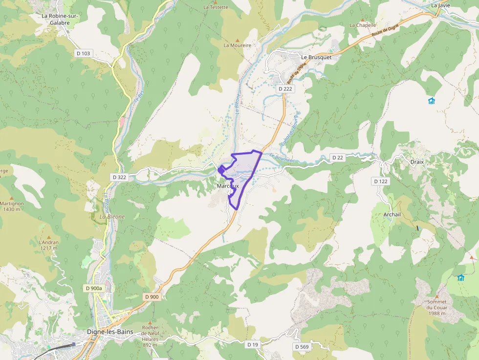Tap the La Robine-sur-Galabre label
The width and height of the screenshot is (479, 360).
coord(60,19)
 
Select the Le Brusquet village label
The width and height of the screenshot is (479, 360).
coord(316,57)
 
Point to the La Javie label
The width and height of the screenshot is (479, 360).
coord(440,5)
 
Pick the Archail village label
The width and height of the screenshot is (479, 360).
coord(392,214)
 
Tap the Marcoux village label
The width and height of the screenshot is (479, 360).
coord(228,186)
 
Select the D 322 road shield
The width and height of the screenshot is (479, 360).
coord(120,177)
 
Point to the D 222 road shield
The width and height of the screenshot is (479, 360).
coord(285,89)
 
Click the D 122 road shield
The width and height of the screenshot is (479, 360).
coord(381,181)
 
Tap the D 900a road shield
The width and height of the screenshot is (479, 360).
coord(94,288)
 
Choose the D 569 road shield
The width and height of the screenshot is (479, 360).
coord(302,346)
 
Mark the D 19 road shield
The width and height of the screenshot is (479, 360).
coord(252,344)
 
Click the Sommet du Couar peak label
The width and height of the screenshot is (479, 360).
coord(436,307)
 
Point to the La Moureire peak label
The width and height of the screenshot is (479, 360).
coord(237,45)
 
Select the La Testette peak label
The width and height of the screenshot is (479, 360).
coord(216,7)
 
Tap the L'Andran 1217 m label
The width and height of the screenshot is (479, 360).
coord(48,245)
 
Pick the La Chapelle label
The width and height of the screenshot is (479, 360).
coord(363,25)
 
